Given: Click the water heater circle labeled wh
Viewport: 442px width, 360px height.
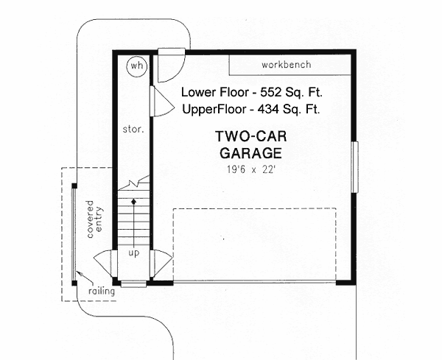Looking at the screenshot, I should (x=136, y=66).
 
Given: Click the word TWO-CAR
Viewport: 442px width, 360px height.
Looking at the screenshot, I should (x=249, y=137).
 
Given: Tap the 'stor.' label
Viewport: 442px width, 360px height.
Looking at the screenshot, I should (x=132, y=128).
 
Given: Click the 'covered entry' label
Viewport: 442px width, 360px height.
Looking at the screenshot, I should (x=95, y=217).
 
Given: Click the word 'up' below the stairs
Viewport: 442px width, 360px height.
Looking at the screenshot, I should (x=133, y=253).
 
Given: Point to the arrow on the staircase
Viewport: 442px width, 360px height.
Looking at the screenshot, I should (x=133, y=200).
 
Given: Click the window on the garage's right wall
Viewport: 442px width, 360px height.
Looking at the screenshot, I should (x=354, y=166).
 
